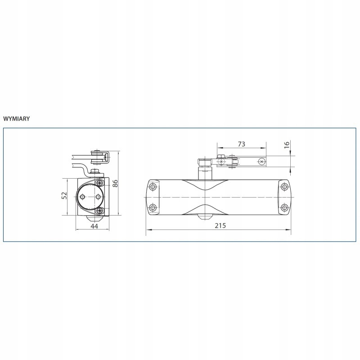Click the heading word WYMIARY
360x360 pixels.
point(17,119)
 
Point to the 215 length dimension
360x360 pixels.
point(220,225)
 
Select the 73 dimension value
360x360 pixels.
point(241,144)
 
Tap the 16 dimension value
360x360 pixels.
point(287,144)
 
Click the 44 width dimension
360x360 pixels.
point(94,226)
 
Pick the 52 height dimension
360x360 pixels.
point(64,195)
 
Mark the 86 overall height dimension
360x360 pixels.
point(115,184)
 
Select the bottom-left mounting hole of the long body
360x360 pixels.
point(152,208)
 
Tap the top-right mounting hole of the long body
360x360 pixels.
point(285,186)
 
